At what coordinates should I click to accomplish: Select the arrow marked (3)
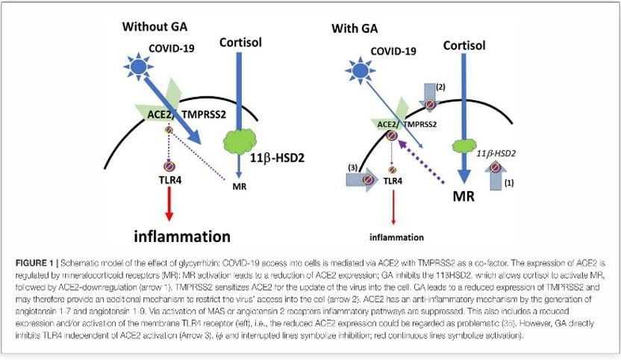[363, 179]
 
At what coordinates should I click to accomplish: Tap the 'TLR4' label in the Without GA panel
[169, 179]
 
